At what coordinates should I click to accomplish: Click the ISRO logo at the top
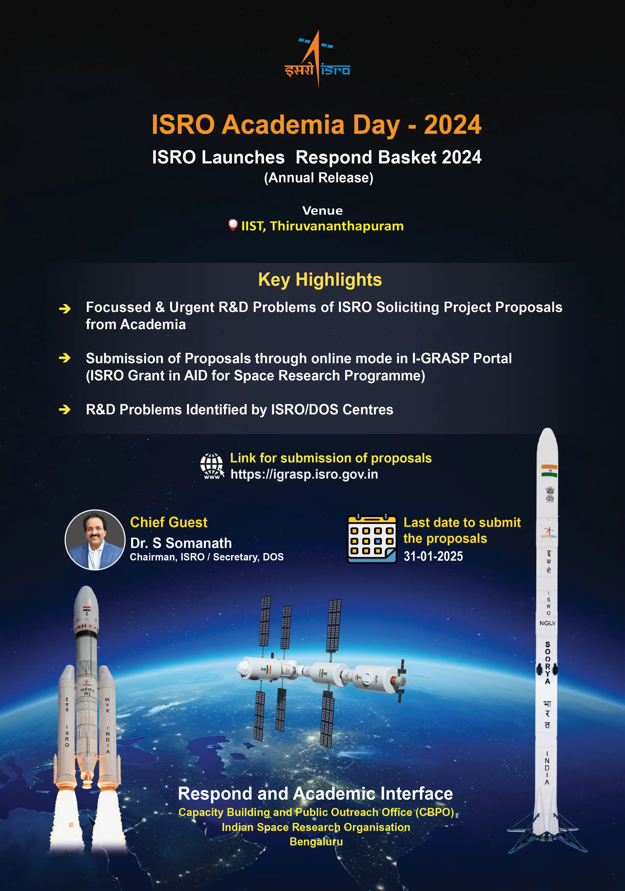(x=318, y=59)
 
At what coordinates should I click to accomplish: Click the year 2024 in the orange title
(x=452, y=125)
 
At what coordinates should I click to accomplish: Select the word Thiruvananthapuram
(x=337, y=226)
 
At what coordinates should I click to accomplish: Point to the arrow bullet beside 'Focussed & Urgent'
(x=65, y=309)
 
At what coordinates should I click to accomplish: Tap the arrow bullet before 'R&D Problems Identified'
(x=65, y=409)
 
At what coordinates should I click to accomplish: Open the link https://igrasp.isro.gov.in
(x=304, y=474)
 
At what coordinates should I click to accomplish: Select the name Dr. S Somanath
(x=181, y=543)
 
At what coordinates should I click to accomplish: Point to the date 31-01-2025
(x=433, y=556)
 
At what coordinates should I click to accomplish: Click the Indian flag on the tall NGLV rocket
(x=549, y=471)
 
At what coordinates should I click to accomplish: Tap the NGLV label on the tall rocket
(x=547, y=623)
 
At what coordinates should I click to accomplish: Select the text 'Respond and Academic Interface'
(x=315, y=794)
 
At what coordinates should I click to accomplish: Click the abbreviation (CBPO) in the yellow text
(x=434, y=812)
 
